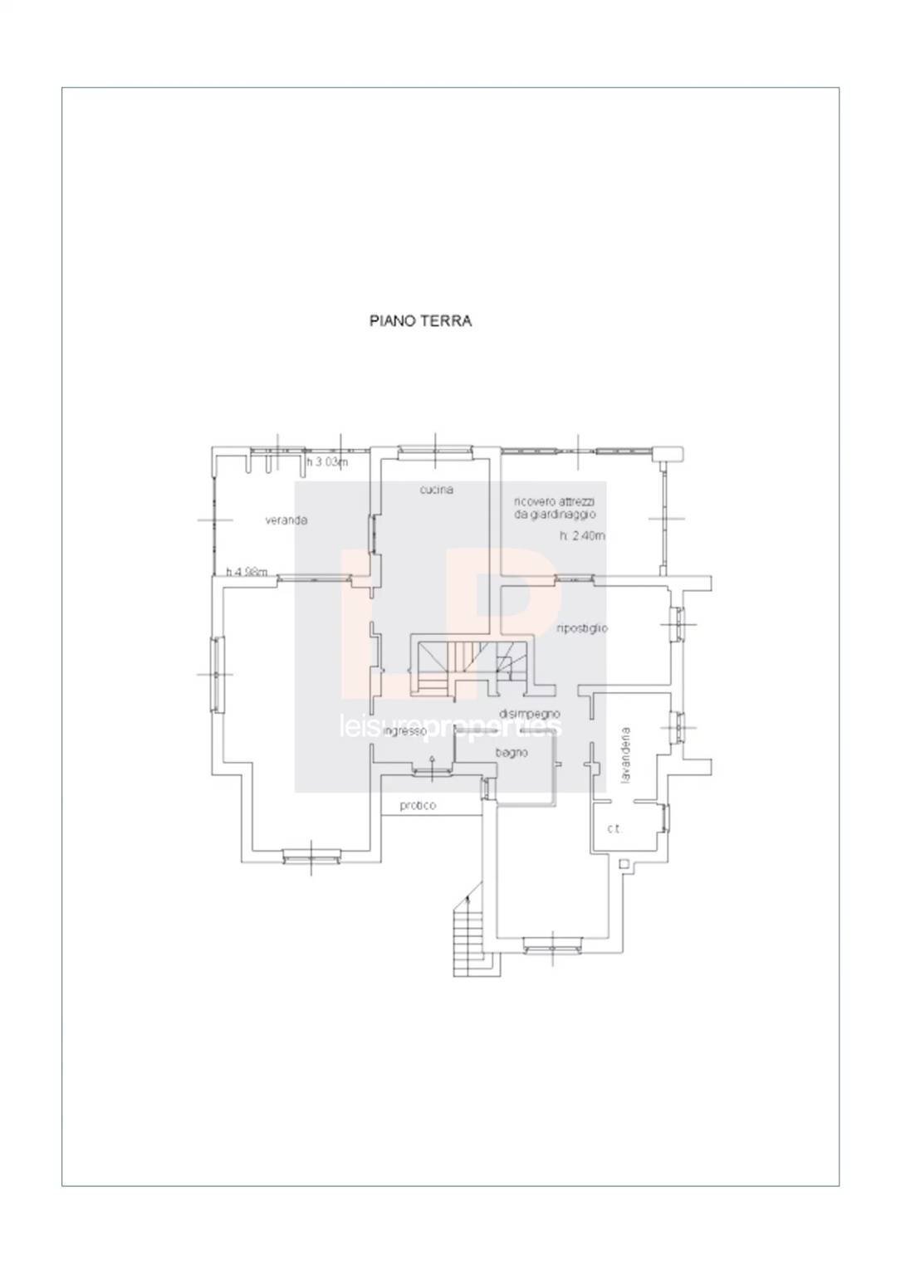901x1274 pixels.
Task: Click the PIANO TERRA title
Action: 420,321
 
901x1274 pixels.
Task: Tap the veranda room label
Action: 286,520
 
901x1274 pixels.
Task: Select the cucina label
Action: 436,490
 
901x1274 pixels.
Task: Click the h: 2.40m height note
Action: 582,536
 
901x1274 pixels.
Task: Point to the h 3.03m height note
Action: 327,462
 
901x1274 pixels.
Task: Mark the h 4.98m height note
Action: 247,571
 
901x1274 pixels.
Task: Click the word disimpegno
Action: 530,713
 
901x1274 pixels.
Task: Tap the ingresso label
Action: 405,731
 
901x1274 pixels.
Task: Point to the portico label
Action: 418,805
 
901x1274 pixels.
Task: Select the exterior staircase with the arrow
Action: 471,938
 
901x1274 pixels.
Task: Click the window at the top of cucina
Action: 434,452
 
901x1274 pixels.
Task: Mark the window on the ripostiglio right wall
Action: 677,623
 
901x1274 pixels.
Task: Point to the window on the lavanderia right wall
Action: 678,726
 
